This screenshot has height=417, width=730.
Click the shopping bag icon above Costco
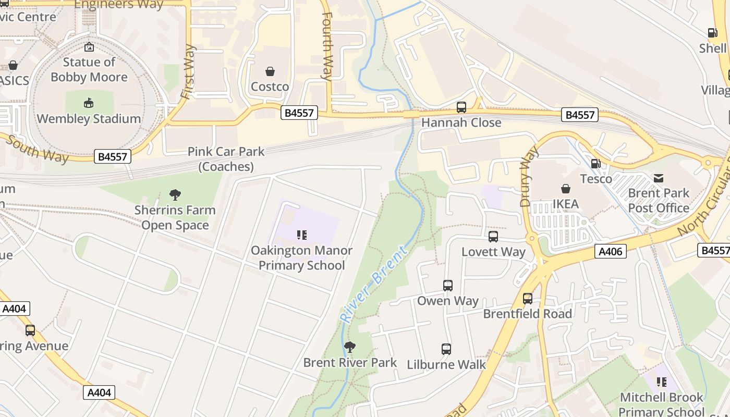pos(270,71)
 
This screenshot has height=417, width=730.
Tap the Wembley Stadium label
pos(89,119)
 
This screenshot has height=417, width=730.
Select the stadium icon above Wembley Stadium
pos(89,103)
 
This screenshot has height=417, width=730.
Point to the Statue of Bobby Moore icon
pos(89,47)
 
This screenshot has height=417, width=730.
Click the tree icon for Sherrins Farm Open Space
pos(175,195)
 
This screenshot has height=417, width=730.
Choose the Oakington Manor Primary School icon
pos(302,235)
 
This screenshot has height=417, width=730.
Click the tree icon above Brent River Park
pos(350,347)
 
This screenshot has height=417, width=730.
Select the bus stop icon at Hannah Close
pos(461,107)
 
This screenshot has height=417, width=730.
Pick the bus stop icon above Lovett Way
pos(493,237)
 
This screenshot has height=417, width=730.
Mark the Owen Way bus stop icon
pos(448,286)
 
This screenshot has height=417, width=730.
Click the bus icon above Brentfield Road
pos(528,298)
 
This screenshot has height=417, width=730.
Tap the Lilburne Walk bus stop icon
pos(446,349)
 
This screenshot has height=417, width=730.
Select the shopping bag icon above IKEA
pos(566,189)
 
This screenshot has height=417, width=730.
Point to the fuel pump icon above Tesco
pos(595,164)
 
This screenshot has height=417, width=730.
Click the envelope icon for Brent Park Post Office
pos(659,178)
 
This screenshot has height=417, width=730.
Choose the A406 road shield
pos(610,252)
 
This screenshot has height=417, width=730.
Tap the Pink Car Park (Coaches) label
pos(226,159)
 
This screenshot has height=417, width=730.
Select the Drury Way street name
pos(528,176)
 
